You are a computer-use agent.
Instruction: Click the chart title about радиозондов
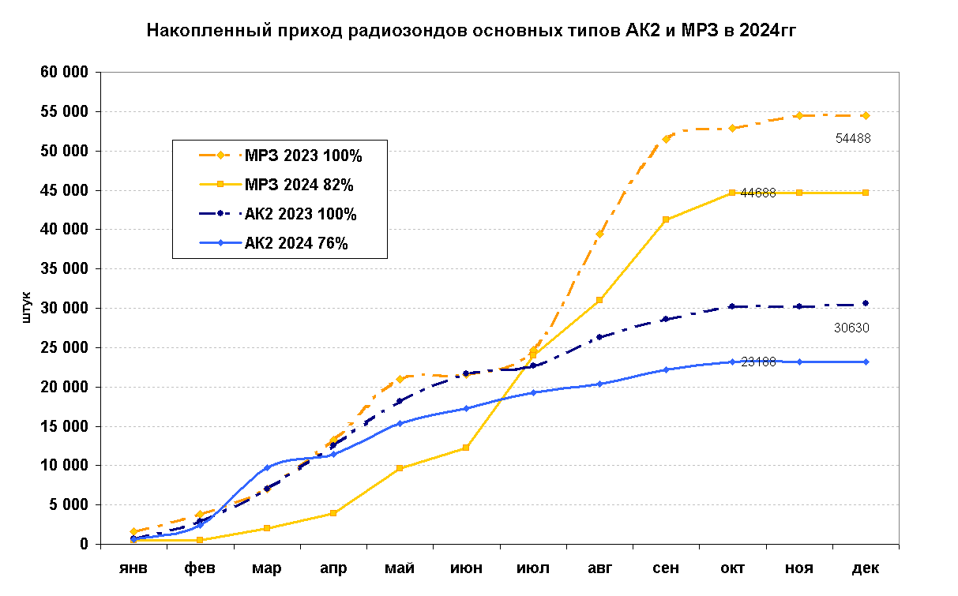click(471, 32)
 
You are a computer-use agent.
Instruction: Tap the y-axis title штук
click(27, 308)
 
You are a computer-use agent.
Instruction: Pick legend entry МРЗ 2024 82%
click(298, 186)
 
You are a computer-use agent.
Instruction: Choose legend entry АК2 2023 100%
click(300, 214)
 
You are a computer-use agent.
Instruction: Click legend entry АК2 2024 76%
click(296, 243)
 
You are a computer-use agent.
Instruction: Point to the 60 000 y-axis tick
click(66, 73)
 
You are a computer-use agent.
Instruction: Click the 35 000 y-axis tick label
click(66, 269)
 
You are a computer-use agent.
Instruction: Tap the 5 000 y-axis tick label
click(70, 505)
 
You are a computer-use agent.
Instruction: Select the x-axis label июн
click(466, 568)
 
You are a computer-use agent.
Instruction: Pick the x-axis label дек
click(866, 568)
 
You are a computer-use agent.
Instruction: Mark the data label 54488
click(853, 138)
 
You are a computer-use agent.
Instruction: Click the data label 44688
click(758, 193)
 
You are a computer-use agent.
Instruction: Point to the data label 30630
click(852, 328)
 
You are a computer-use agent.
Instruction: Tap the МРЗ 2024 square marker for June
click(466, 448)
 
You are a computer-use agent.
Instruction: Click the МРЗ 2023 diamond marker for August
click(599, 234)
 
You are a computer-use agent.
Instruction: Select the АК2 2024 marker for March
click(267, 467)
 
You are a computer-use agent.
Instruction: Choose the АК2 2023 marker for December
click(866, 303)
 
